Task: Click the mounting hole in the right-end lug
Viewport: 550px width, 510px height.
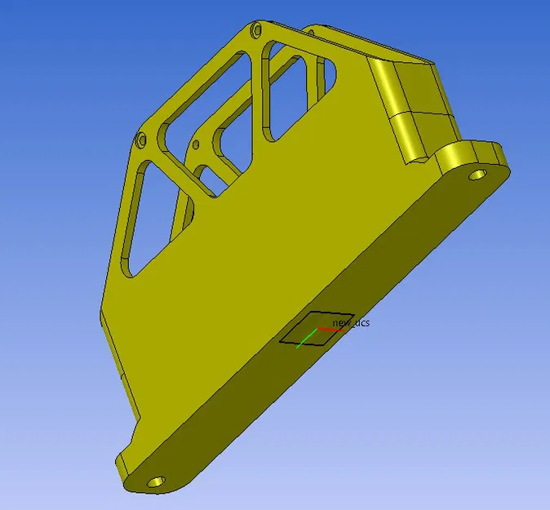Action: click(475, 175)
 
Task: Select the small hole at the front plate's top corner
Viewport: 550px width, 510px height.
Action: click(258, 31)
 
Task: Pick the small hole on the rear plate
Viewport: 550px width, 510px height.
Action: click(196, 146)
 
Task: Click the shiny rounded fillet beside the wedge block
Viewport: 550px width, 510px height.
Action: click(382, 90)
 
